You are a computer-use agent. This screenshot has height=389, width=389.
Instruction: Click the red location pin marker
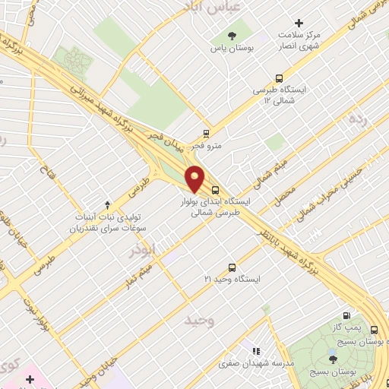point(195,179)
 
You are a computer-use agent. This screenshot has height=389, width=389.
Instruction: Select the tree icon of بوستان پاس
point(232,35)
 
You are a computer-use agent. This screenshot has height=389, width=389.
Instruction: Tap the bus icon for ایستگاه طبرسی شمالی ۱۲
point(279,77)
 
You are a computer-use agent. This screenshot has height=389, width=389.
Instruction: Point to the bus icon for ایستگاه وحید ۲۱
point(232,267)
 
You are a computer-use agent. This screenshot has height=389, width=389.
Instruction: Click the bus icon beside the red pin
point(215,190)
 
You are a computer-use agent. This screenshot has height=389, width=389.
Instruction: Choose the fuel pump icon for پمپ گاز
point(347,316)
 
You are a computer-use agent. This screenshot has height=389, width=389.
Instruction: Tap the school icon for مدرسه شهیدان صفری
point(256,351)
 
